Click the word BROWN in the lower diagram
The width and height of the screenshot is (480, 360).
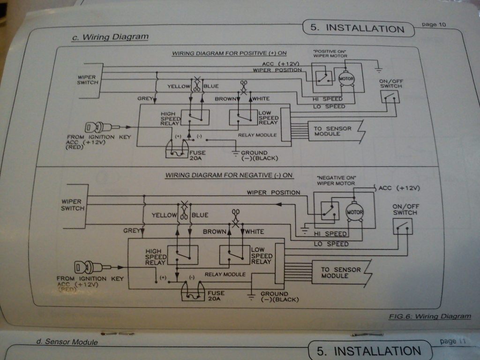click(x=214, y=232)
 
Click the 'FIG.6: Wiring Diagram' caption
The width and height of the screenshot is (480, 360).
click(x=429, y=316)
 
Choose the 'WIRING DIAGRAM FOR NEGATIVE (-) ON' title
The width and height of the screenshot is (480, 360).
click(x=229, y=175)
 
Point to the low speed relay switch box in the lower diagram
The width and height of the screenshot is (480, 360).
click(x=234, y=255)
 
